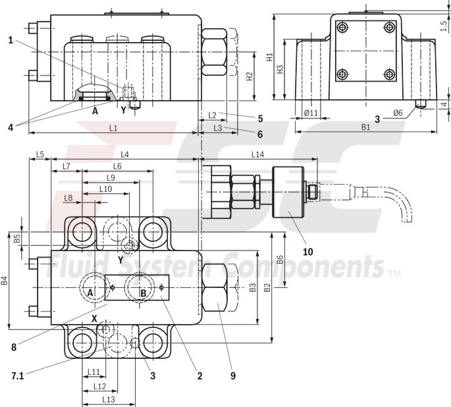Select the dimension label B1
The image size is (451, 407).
pyautogui.click(x=366, y=127)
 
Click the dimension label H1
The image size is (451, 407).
pyautogui.click(x=269, y=58)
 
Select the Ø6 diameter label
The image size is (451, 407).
pyautogui.click(x=398, y=113)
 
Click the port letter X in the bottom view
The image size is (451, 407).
pyautogui.click(x=95, y=318)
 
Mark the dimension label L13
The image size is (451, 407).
pyautogui.click(x=109, y=399)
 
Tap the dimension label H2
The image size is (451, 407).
pyautogui.click(x=250, y=76)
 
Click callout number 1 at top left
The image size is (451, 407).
pyautogui.click(x=11, y=40)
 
